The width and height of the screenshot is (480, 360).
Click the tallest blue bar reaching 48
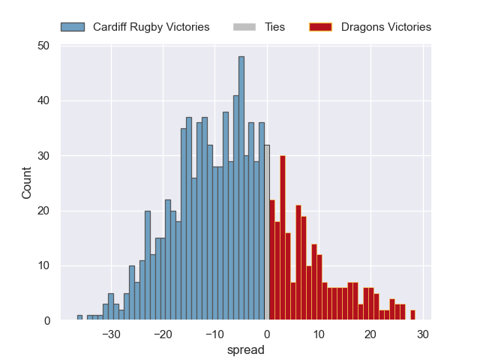point(241,187)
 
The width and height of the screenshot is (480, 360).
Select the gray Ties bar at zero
point(266,232)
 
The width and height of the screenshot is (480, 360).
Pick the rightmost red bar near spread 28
point(412,316)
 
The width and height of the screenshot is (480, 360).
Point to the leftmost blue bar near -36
point(79,318)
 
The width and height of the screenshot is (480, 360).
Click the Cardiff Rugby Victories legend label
point(151,27)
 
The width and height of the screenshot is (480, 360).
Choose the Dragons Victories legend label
point(385,27)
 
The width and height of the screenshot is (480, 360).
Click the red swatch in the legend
point(320,27)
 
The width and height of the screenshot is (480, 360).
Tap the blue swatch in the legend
point(73,27)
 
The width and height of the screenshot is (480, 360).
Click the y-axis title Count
point(27,183)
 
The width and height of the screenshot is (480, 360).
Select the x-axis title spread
point(245,349)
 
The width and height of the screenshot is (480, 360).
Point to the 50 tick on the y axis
point(43,46)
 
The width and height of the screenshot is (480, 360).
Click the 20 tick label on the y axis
point(43,211)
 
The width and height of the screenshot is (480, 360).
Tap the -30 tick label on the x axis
point(111,334)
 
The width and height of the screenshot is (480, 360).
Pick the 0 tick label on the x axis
point(267,334)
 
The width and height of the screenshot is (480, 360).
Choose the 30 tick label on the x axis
point(422,334)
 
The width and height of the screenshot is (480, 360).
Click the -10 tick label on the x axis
point(214,334)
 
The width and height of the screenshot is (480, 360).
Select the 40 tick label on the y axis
point(43,100)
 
